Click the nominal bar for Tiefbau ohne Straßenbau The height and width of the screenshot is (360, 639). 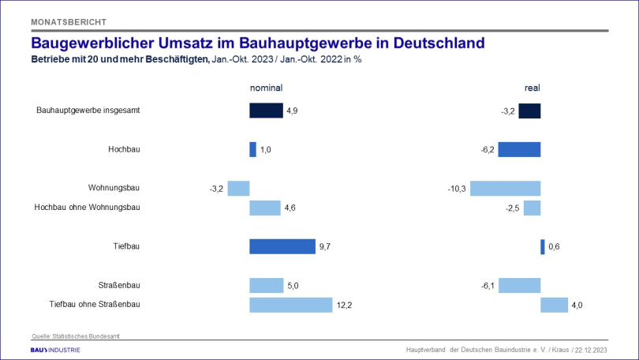291,305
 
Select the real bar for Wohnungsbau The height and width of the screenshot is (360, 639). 506,188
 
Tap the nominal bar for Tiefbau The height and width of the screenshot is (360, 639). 282,246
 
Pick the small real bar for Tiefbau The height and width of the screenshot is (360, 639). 543,246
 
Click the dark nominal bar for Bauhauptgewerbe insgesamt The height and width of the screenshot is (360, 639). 266,111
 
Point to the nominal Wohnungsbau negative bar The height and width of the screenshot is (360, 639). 239,188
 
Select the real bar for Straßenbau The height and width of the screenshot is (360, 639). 520,285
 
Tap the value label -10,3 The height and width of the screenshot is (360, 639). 458,189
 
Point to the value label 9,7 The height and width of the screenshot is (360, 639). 325,247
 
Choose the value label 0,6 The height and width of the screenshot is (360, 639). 554,247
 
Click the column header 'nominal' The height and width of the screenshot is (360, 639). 266,88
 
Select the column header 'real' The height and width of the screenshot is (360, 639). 532,88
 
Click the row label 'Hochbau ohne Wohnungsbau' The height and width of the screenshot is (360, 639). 88,208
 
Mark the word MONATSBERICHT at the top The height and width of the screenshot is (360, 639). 69,21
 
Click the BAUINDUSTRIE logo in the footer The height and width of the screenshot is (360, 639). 55,349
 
